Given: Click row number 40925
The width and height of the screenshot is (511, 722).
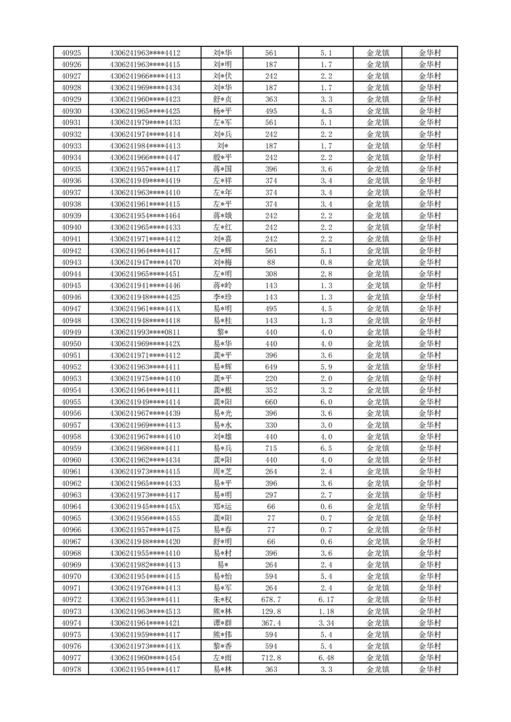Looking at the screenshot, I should pyautogui.click(x=71, y=53).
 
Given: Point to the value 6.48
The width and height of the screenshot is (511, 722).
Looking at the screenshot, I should pyautogui.click(x=326, y=658).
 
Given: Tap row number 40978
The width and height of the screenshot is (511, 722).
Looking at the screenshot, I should pyautogui.click(x=71, y=669).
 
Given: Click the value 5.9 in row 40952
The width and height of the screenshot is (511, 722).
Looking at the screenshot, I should pyautogui.click(x=326, y=367).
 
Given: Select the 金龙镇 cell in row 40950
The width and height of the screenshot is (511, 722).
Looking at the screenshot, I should pyautogui.click(x=377, y=344).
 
